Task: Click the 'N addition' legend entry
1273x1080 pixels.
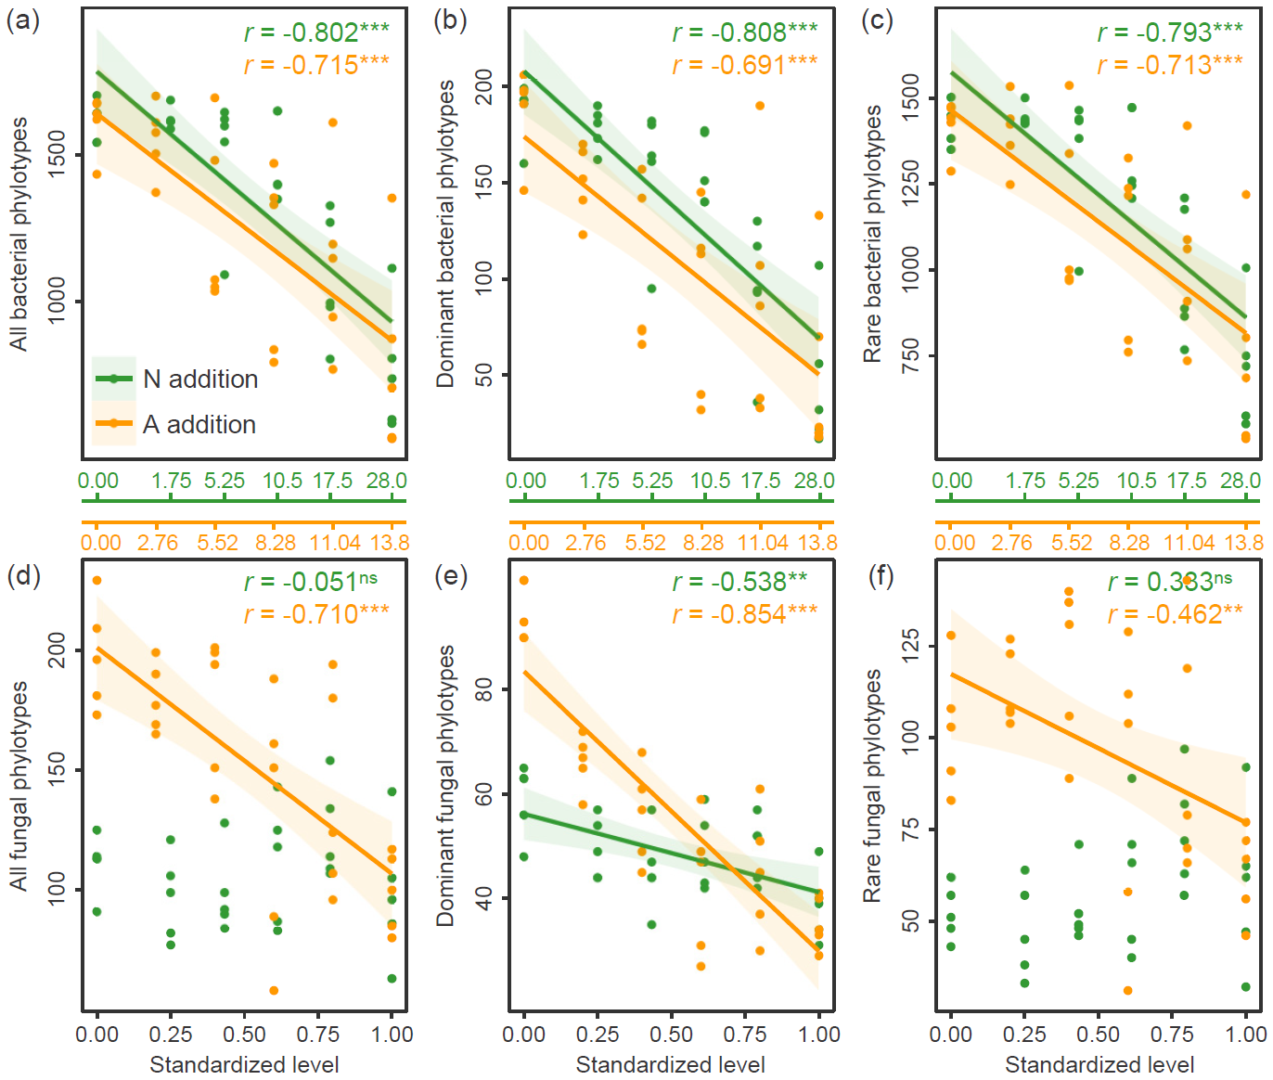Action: click(199, 379)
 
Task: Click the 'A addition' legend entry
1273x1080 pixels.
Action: click(199, 424)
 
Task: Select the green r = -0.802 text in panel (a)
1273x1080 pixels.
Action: click(316, 32)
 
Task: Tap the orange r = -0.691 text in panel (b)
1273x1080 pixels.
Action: click(745, 65)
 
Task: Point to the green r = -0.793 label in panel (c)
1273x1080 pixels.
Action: click(1170, 32)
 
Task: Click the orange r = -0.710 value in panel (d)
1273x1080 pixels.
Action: click(316, 614)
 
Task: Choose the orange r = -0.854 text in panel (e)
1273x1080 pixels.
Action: click(745, 614)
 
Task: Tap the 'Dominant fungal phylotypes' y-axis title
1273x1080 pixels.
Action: click(446, 785)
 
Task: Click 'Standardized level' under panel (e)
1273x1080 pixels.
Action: click(671, 1064)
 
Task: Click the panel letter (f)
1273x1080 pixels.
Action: click(880, 576)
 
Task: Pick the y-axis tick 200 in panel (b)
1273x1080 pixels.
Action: click(484, 87)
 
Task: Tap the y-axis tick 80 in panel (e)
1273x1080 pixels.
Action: click(484, 689)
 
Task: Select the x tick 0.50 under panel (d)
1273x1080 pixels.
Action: click(244, 1034)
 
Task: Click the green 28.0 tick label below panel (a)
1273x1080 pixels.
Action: click(387, 481)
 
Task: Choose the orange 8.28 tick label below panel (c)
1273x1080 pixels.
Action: click(1130, 543)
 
